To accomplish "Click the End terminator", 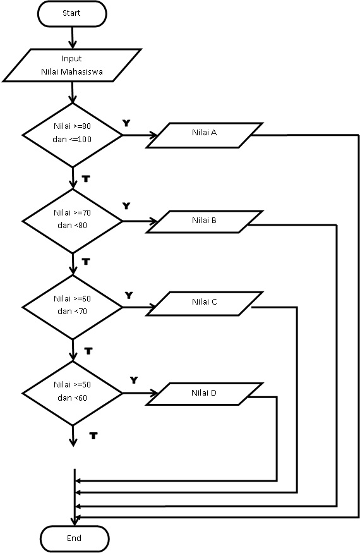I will click(74, 538).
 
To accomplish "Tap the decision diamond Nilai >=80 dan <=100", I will click(73, 134).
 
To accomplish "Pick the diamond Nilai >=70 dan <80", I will click(73, 220).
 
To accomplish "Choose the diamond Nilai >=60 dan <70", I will click(73, 306).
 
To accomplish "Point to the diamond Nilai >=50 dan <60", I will click(73, 392).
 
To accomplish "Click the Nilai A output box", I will click(204, 134).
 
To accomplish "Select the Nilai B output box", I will click(204, 221).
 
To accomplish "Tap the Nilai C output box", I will click(204, 302).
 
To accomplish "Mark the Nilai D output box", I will click(204, 393).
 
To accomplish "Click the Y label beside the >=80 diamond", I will click(126, 123).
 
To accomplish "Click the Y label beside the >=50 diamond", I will click(134, 380).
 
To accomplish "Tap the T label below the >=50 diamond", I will click(93, 436).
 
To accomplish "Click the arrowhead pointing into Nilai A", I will click(153, 135).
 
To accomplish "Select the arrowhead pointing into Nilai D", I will click(155, 393).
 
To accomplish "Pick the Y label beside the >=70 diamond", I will click(126, 206).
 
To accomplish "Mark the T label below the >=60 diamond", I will click(88, 349).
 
